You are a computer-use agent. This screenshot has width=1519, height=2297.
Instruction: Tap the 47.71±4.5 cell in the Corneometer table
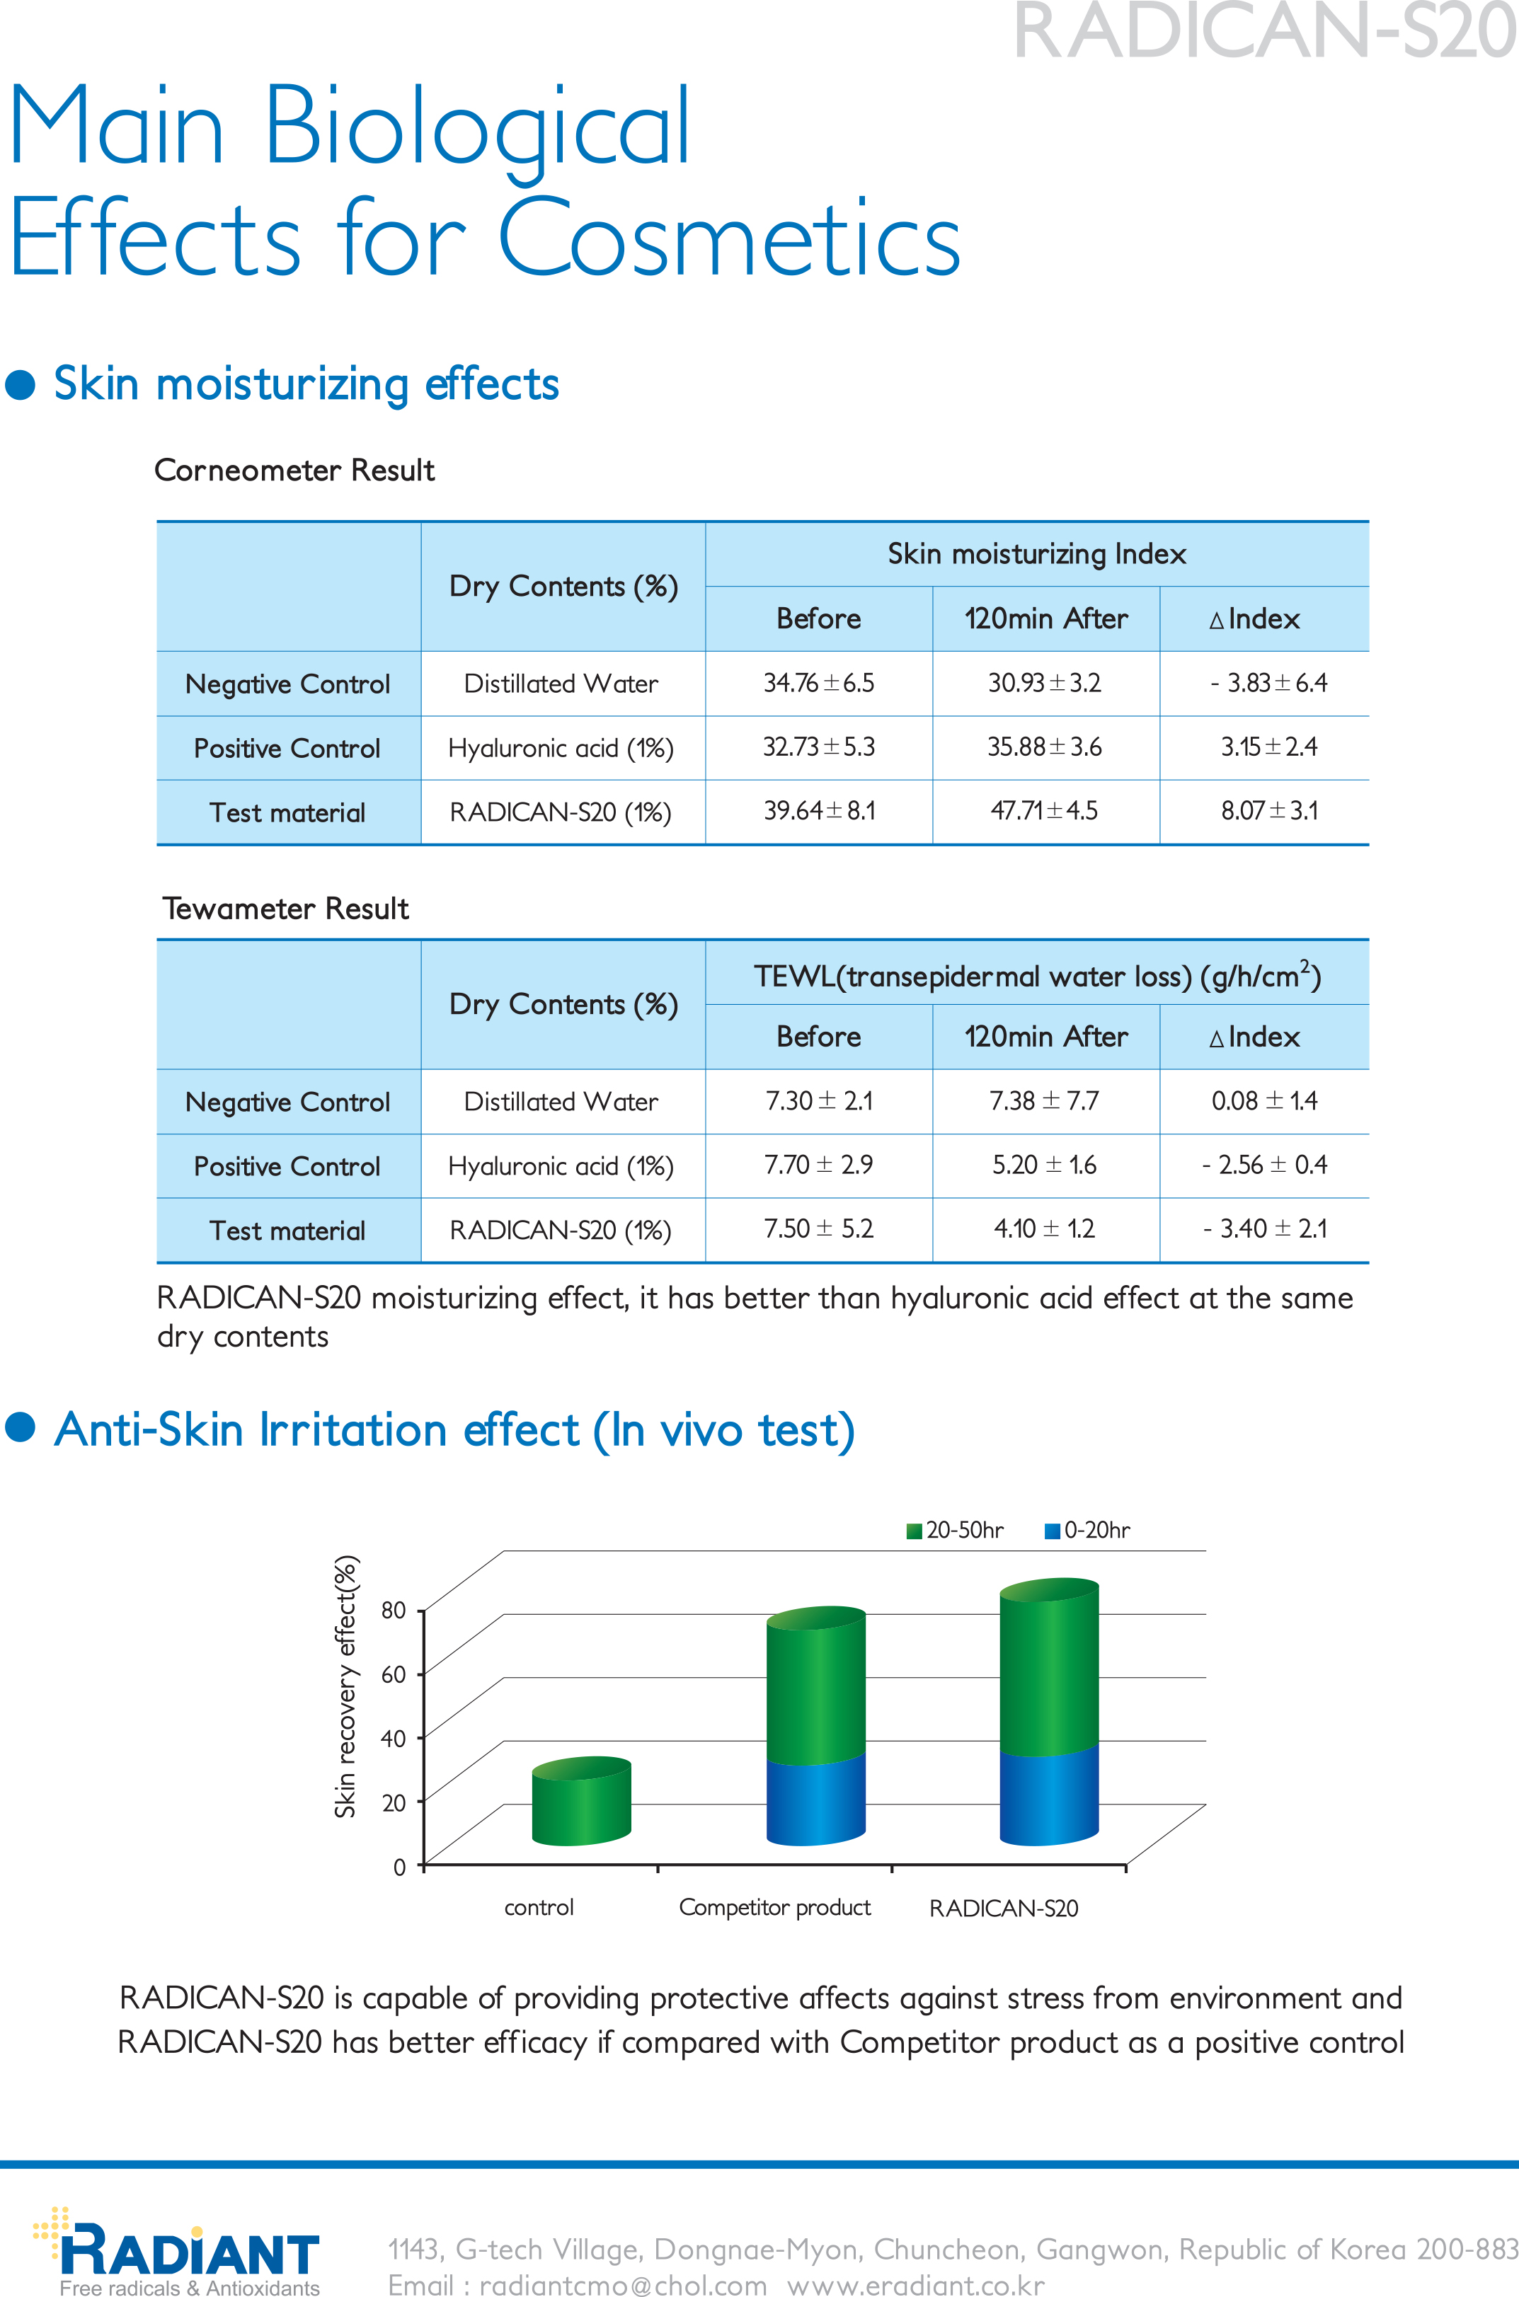coord(1044,810)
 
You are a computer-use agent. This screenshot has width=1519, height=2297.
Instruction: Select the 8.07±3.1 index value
coord(1269,810)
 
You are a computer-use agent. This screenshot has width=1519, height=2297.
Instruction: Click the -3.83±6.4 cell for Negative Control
coord(1269,683)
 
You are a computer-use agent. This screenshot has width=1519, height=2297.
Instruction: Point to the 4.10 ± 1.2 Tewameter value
coord(1044,1229)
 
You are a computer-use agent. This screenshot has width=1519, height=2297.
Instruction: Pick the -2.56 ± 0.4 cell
coord(1264,1165)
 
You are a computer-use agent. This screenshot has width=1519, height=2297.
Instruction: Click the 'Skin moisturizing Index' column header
coord(1036,554)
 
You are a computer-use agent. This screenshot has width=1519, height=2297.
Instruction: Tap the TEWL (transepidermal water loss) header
coord(1036,975)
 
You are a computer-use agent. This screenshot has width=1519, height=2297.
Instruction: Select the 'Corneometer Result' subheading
coord(294,471)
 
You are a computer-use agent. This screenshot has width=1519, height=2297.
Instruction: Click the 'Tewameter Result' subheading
coord(286,909)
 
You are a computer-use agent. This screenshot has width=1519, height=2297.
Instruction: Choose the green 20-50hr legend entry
coord(955,1530)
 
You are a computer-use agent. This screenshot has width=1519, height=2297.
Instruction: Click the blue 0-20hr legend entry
coord(1087,1530)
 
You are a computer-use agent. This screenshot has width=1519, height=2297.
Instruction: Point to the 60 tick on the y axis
coord(394,1674)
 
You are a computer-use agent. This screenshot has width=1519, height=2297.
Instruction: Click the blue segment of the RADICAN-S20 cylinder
coord(1049,1797)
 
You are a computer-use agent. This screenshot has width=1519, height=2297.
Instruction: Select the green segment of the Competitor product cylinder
coord(815,1690)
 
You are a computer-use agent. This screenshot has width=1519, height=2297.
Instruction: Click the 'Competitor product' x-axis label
coord(775,1908)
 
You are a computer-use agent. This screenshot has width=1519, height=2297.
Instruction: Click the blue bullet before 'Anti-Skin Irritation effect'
coord(21,1427)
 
